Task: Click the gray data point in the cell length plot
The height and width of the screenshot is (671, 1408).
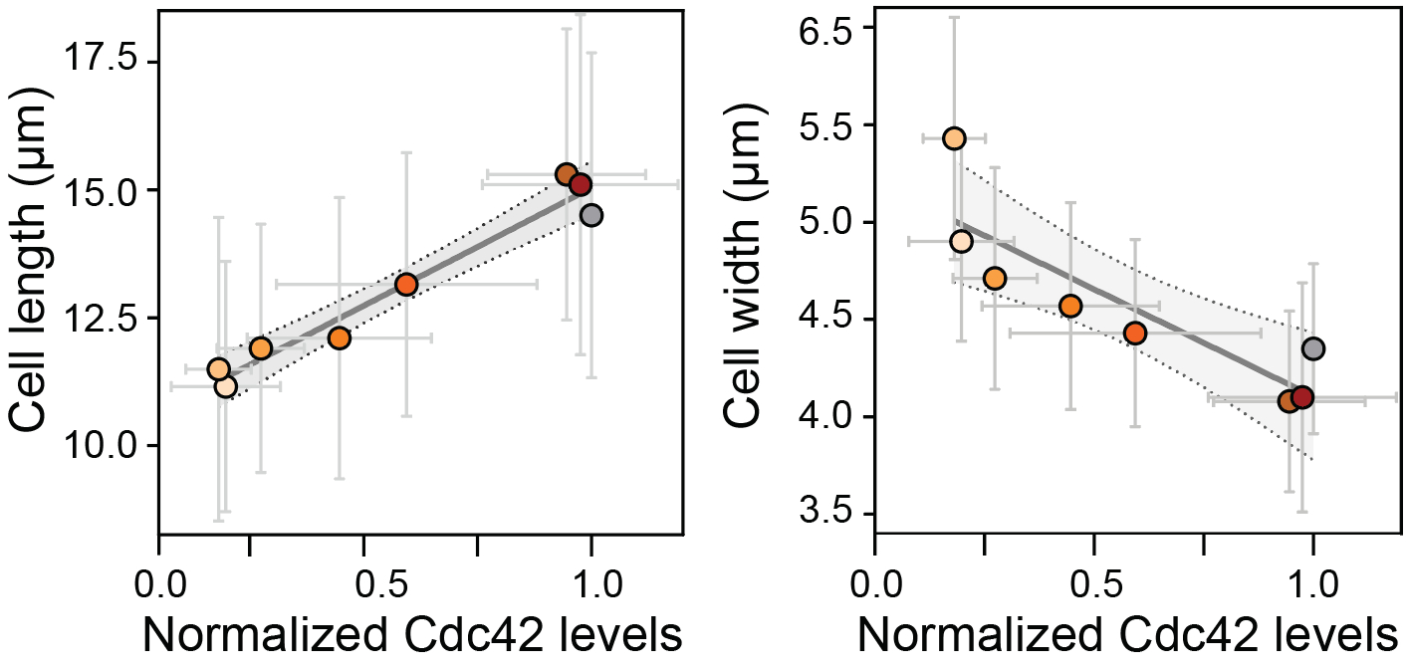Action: (x=591, y=215)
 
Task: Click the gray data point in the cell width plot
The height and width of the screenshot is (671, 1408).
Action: (x=1312, y=348)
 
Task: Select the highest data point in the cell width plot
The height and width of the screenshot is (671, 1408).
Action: (x=954, y=138)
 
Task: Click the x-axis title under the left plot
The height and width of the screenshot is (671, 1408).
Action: (x=412, y=635)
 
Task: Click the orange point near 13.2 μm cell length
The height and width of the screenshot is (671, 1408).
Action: (x=405, y=284)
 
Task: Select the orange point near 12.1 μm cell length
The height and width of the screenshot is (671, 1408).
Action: (x=339, y=337)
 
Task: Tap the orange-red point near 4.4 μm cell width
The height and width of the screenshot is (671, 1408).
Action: (x=1135, y=333)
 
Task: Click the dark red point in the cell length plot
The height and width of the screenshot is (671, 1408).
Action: (x=581, y=184)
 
